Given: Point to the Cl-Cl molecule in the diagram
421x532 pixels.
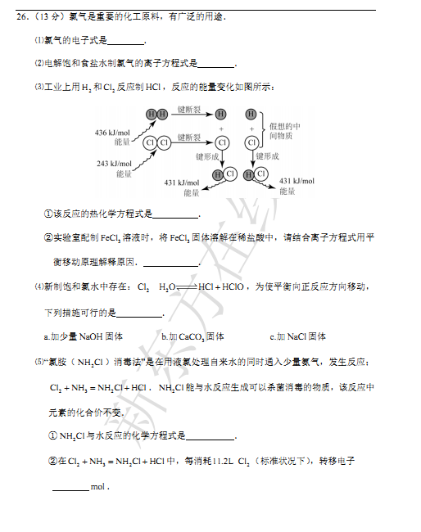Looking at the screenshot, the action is [x=156, y=142].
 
